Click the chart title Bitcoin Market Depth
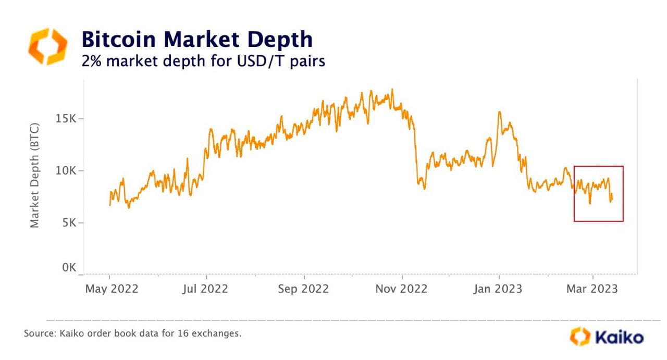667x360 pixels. (x=197, y=40)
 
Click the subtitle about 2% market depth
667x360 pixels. (x=203, y=61)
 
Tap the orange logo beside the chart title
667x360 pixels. (x=47, y=46)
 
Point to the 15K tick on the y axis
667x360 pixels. (x=66, y=119)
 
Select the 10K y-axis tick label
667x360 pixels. (x=66, y=171)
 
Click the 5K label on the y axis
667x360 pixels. (x=69, y=223)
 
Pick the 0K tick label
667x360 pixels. (x=69, y=268)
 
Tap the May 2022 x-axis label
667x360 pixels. (x=112, y=289)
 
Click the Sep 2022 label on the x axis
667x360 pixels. (x=303, y=289)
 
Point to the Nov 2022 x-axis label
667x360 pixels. (x=401, y=289)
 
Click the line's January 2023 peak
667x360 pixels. (x=499, y=111)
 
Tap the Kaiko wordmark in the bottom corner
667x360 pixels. (x=618, y=337)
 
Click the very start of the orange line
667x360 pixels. (x=109, y=205)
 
